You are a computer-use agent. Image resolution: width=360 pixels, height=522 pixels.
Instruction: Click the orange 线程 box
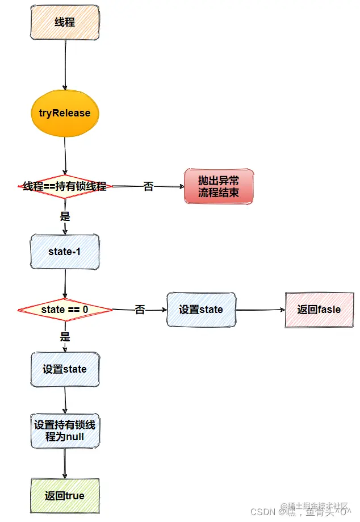[x=65, y=22]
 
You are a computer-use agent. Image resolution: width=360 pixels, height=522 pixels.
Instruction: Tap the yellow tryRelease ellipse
[x=65, y=113]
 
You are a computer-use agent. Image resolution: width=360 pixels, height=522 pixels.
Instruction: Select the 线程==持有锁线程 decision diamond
[x=65, y=186]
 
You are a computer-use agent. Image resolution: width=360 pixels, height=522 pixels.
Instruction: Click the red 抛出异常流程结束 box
[x=219, y=186]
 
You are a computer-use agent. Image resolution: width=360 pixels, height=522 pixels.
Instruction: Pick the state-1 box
[x=65, y=252]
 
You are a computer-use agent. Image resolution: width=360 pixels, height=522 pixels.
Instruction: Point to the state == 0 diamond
[x=65, y=310]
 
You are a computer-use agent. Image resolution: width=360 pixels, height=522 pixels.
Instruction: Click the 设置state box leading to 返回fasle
[x=201, y=310]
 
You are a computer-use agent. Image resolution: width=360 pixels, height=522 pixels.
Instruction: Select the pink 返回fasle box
[x=319, y=310]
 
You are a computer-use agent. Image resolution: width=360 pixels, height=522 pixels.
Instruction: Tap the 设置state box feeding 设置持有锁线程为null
[x=65, y=369]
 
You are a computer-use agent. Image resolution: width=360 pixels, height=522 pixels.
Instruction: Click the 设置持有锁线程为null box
[x=65, y=431]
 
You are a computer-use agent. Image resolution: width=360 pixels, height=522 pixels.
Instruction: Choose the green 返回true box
[x=65, y=496]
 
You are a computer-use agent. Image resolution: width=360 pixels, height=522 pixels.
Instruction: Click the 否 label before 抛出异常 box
[x=148, y=186]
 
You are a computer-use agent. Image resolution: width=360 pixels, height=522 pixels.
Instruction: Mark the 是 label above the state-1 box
[x=65, y=216]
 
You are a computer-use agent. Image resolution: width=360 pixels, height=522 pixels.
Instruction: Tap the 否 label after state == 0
[x=140, y=310]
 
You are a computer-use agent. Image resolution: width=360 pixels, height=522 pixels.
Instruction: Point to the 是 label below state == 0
[x=65, y=336]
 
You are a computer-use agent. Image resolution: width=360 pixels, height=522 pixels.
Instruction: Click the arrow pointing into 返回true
[x=64, y=463]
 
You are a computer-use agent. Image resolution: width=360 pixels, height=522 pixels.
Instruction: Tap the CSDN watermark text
[x=265, y=510]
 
